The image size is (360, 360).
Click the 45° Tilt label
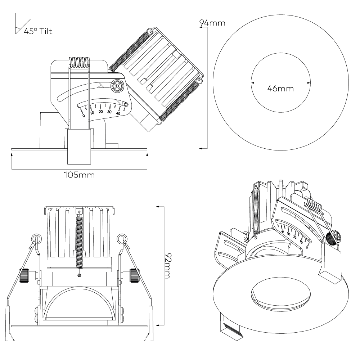point(38,31)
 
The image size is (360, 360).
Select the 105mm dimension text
point(79,175)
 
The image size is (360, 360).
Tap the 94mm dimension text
point(213,23)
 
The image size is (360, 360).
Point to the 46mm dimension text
point(280,88)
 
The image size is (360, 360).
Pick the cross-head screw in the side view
point(118,86)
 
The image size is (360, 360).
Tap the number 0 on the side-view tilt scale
point(84,116)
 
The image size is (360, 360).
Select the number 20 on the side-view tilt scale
point(101,112)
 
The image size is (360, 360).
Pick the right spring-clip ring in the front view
point(121,238)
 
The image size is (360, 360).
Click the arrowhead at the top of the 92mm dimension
point(158,207)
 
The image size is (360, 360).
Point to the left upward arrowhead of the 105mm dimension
point(12,154)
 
